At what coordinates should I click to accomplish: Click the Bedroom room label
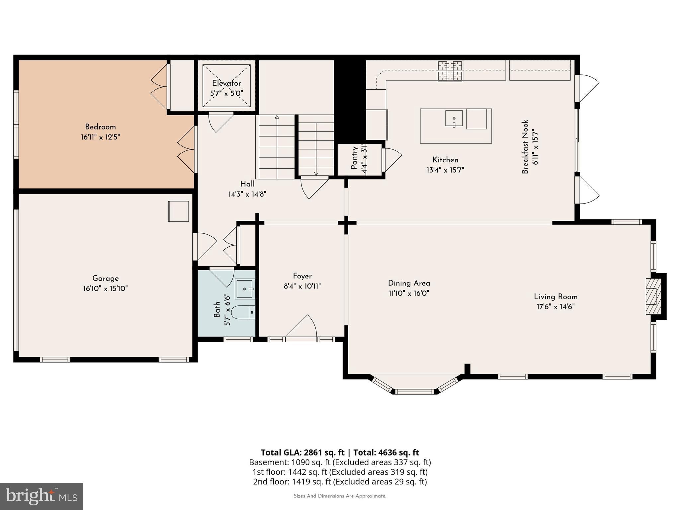[100, 127]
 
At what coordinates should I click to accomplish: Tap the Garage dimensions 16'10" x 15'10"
[105, 289]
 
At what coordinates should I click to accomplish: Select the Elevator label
[226, 83]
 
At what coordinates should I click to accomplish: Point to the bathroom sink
[245, 289]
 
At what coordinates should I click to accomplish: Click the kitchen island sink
[454, 119]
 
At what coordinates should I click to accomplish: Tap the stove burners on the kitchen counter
[450, 71]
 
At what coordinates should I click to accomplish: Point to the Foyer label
[302, 276]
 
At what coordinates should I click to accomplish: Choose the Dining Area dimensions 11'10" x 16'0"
[409, 294]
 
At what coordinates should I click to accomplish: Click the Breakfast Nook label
[525, 147]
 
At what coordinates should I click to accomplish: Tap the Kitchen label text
[445, 160]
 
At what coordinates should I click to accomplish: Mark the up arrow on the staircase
[277, 117]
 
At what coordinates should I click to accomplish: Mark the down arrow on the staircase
[316, 173]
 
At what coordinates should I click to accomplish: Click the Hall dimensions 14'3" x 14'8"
[247, 194]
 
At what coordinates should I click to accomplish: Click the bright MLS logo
[41, 496]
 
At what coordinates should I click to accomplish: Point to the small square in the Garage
[179, 211]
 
